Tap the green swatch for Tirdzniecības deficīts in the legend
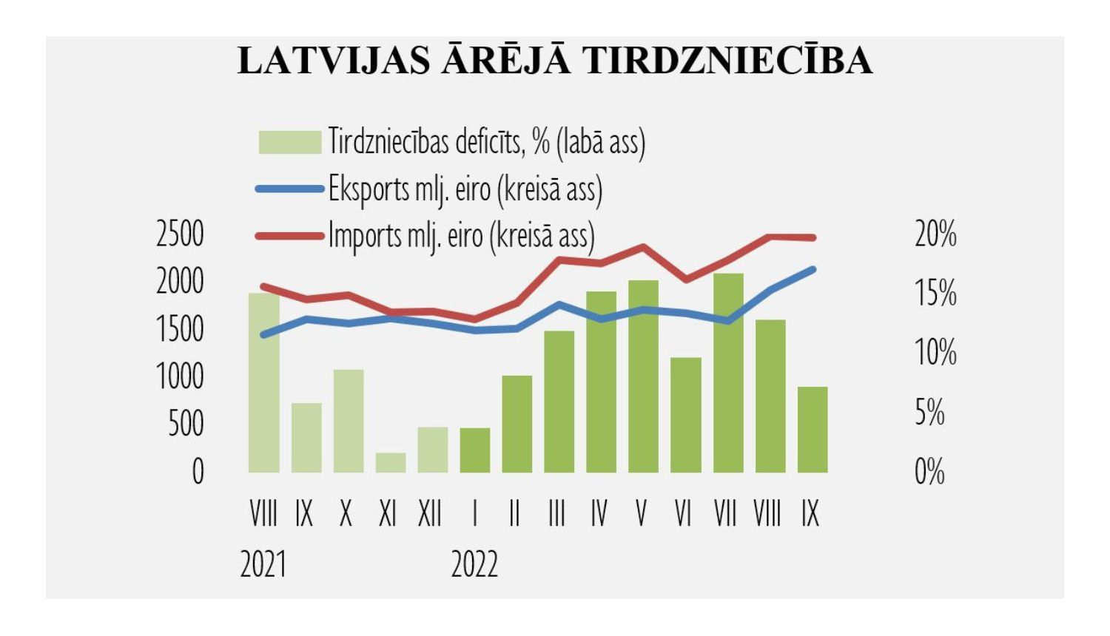(289, 142)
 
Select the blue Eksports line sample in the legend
(289, 189)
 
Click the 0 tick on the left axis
(198, 472)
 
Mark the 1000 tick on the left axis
(180, 376)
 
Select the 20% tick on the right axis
(935, 234)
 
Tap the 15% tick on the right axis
(935, 294)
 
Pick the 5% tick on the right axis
(929, 413)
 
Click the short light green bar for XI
(391, 463)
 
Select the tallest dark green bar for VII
(728, 373)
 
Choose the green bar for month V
(643, 376)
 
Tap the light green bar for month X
(349, 421)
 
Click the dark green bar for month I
(474, 450)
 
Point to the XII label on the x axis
(430, 513)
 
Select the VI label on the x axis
(684, 513)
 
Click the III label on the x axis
(557, 513)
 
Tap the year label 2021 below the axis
(263, 565)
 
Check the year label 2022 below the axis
(474, 565)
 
